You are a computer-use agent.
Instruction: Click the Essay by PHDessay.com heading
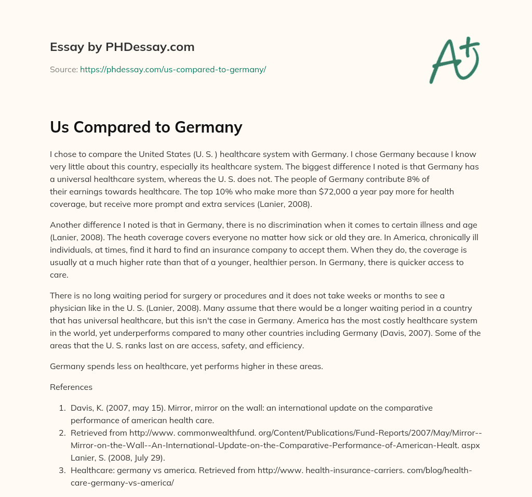pyautogui.click(x=122, y=47)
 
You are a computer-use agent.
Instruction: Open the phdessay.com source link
pyautogui.click(x=173, y=69)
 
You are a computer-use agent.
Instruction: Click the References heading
pyautogui.click(x=71, y=387)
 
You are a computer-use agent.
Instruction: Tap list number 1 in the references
pyautogui.click(x=62, y=408)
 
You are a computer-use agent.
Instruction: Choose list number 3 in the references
pyautogui.click(x=62, y=470)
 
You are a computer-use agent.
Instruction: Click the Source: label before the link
pyautogui.click(x=64, y=69)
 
